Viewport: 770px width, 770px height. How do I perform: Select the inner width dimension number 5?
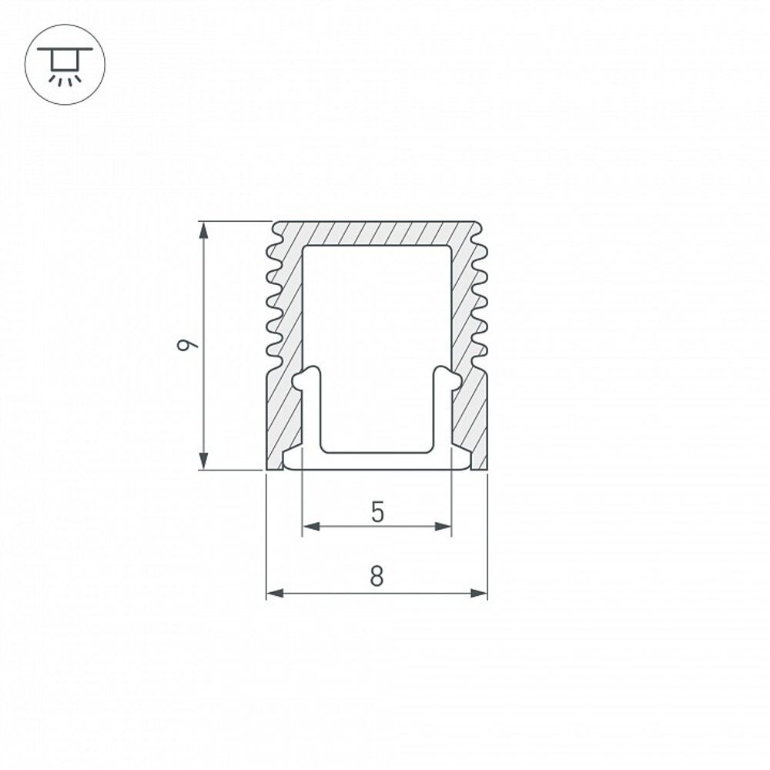pyautogui.click(x=377, y=511)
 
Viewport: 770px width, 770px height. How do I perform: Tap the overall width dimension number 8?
pyautogui.click(x=377, y=576)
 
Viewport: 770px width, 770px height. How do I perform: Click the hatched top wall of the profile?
pyautogui.click(x=377, y=233)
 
